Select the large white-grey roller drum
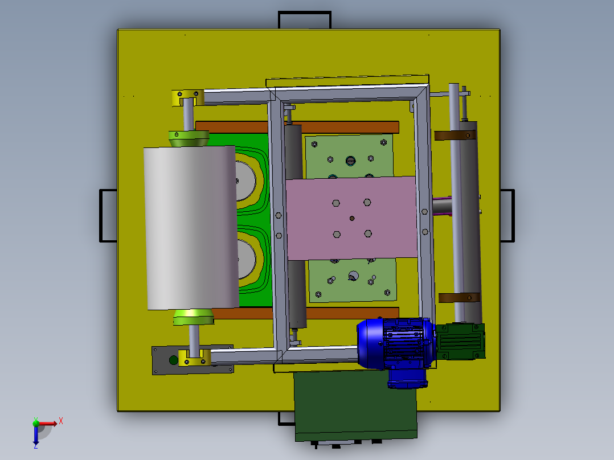[191, 228]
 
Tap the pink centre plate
[351, 218]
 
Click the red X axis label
[61, 421]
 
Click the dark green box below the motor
[355, 405]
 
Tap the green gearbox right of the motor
[461, 341]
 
